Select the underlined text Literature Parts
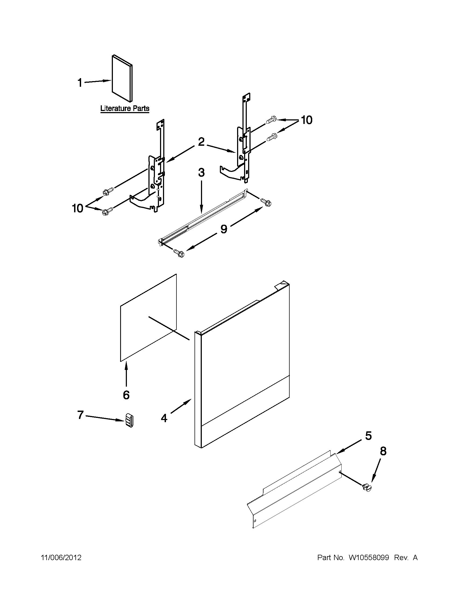125,108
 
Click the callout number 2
201,141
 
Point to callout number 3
201,172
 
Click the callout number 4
164,418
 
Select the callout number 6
126,395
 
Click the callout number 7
80,415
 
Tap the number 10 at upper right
307,120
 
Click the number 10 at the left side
77,208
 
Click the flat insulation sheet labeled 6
148,318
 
